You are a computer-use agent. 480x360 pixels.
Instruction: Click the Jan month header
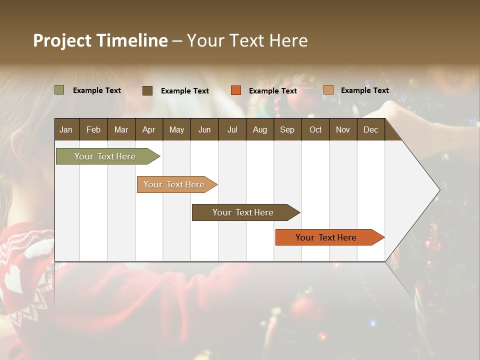[66, 129]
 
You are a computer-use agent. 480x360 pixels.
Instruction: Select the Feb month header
[93, 129]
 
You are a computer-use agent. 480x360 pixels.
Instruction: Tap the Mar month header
[121, 129]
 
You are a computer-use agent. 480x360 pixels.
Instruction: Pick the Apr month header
[148, 129]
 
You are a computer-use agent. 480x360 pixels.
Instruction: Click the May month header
[176, 129]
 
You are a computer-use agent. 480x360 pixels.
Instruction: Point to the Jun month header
[204, 129]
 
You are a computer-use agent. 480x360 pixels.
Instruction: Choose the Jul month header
[232, 129]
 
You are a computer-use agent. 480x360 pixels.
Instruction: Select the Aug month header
[259, 129]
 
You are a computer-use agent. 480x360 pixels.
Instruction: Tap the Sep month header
[287, 129]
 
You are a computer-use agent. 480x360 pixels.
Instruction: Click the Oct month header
[315, 129]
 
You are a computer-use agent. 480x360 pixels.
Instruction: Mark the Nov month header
[343, 129]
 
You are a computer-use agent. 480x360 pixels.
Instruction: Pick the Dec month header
[370, 129]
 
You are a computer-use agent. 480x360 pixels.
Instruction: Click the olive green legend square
[59, 90]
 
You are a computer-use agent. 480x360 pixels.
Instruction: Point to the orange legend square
[236, 90]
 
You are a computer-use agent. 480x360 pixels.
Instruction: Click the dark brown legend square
[147, 90]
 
